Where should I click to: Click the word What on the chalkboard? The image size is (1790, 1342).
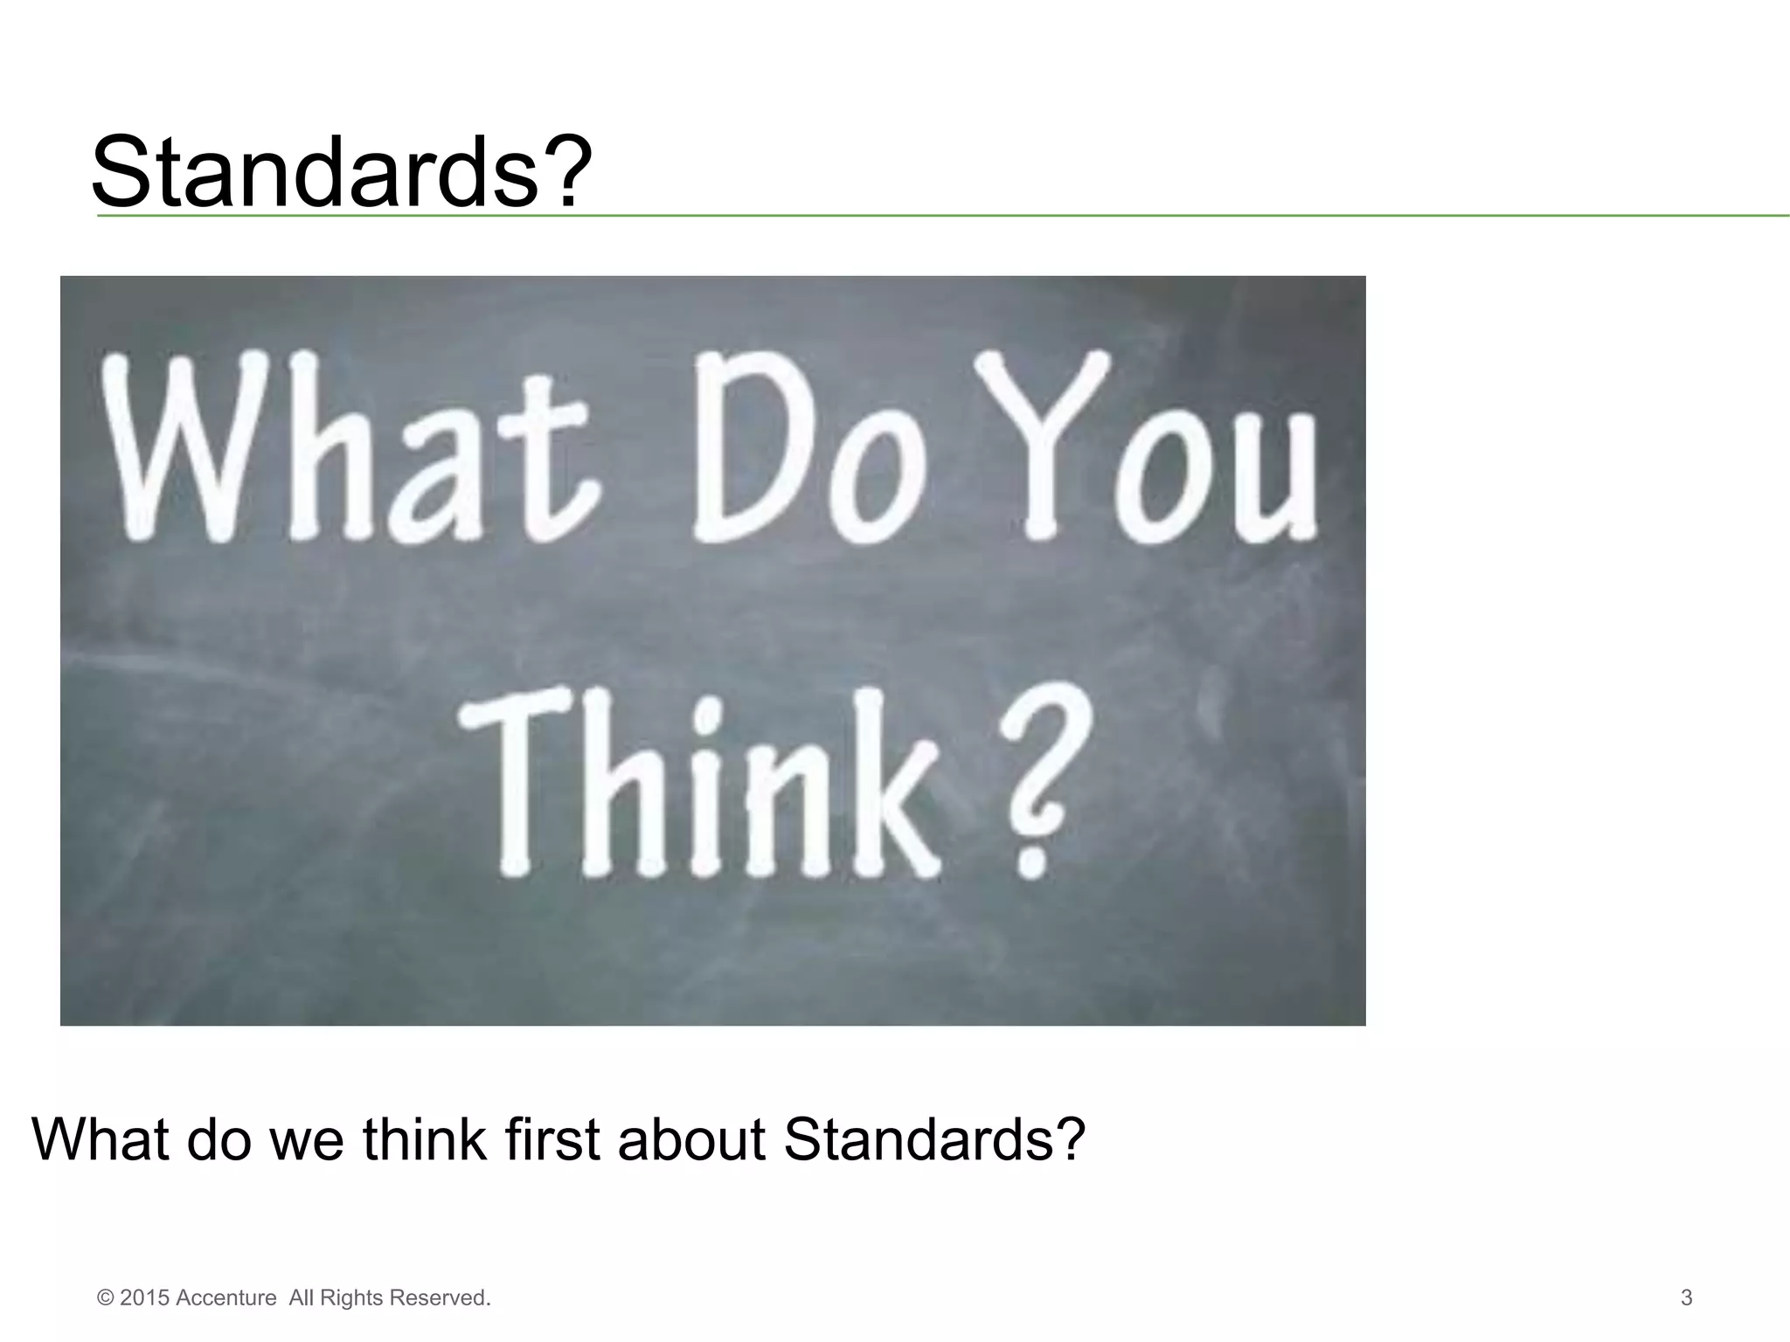(x=350, y=450)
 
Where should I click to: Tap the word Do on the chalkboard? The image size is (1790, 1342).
(x=808, y=450)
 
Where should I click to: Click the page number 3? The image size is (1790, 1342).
(x=1686, y=1297)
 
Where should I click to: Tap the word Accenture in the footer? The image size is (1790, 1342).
(x=226, y=1297)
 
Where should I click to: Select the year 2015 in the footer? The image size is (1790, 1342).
(x=145, y=1297)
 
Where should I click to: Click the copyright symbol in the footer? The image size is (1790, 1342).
(x=106, y=1297)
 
